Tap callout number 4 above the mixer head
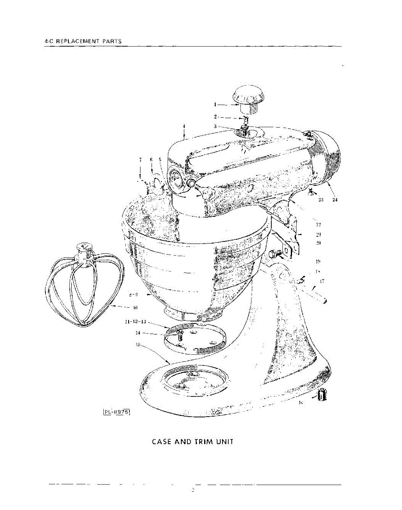[184, 126]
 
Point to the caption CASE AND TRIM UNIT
[193, 442]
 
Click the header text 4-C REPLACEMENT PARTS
[83, 41]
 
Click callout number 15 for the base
[138, 345]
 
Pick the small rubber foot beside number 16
[321, 396]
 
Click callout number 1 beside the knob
[215, 104]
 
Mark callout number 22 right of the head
[318, 224]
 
